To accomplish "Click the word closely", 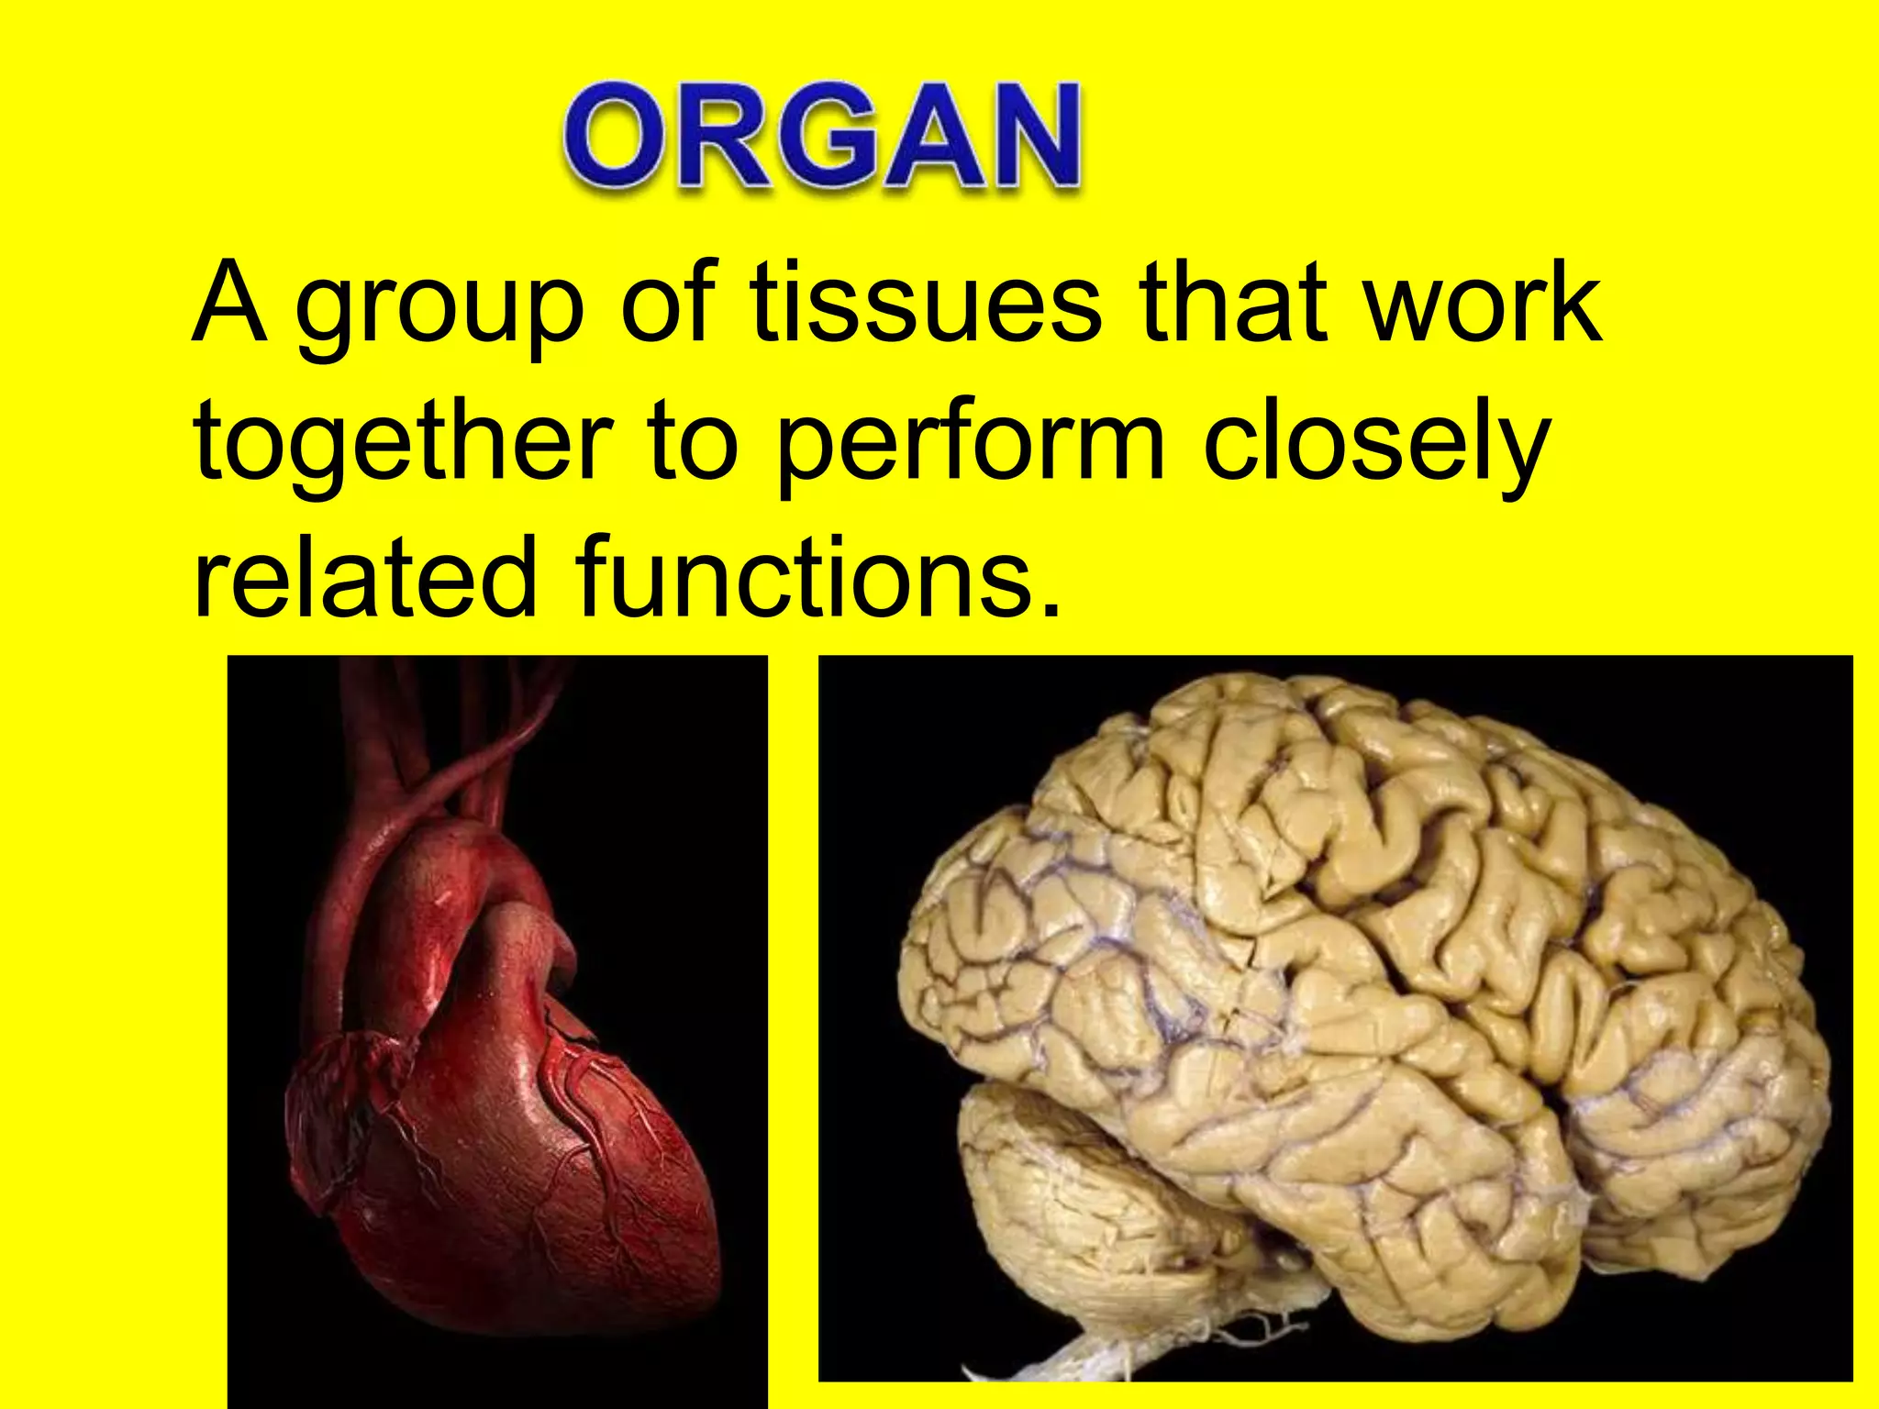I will pyautogui.click(x=1376, y=445).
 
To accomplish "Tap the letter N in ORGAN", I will pyautogui.click(x=1028, y=138).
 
